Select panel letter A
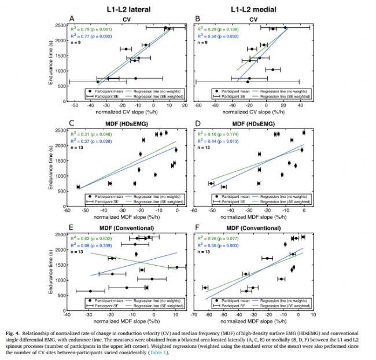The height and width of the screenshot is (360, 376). point(71,19)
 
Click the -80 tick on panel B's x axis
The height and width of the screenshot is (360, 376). point(197,106)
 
